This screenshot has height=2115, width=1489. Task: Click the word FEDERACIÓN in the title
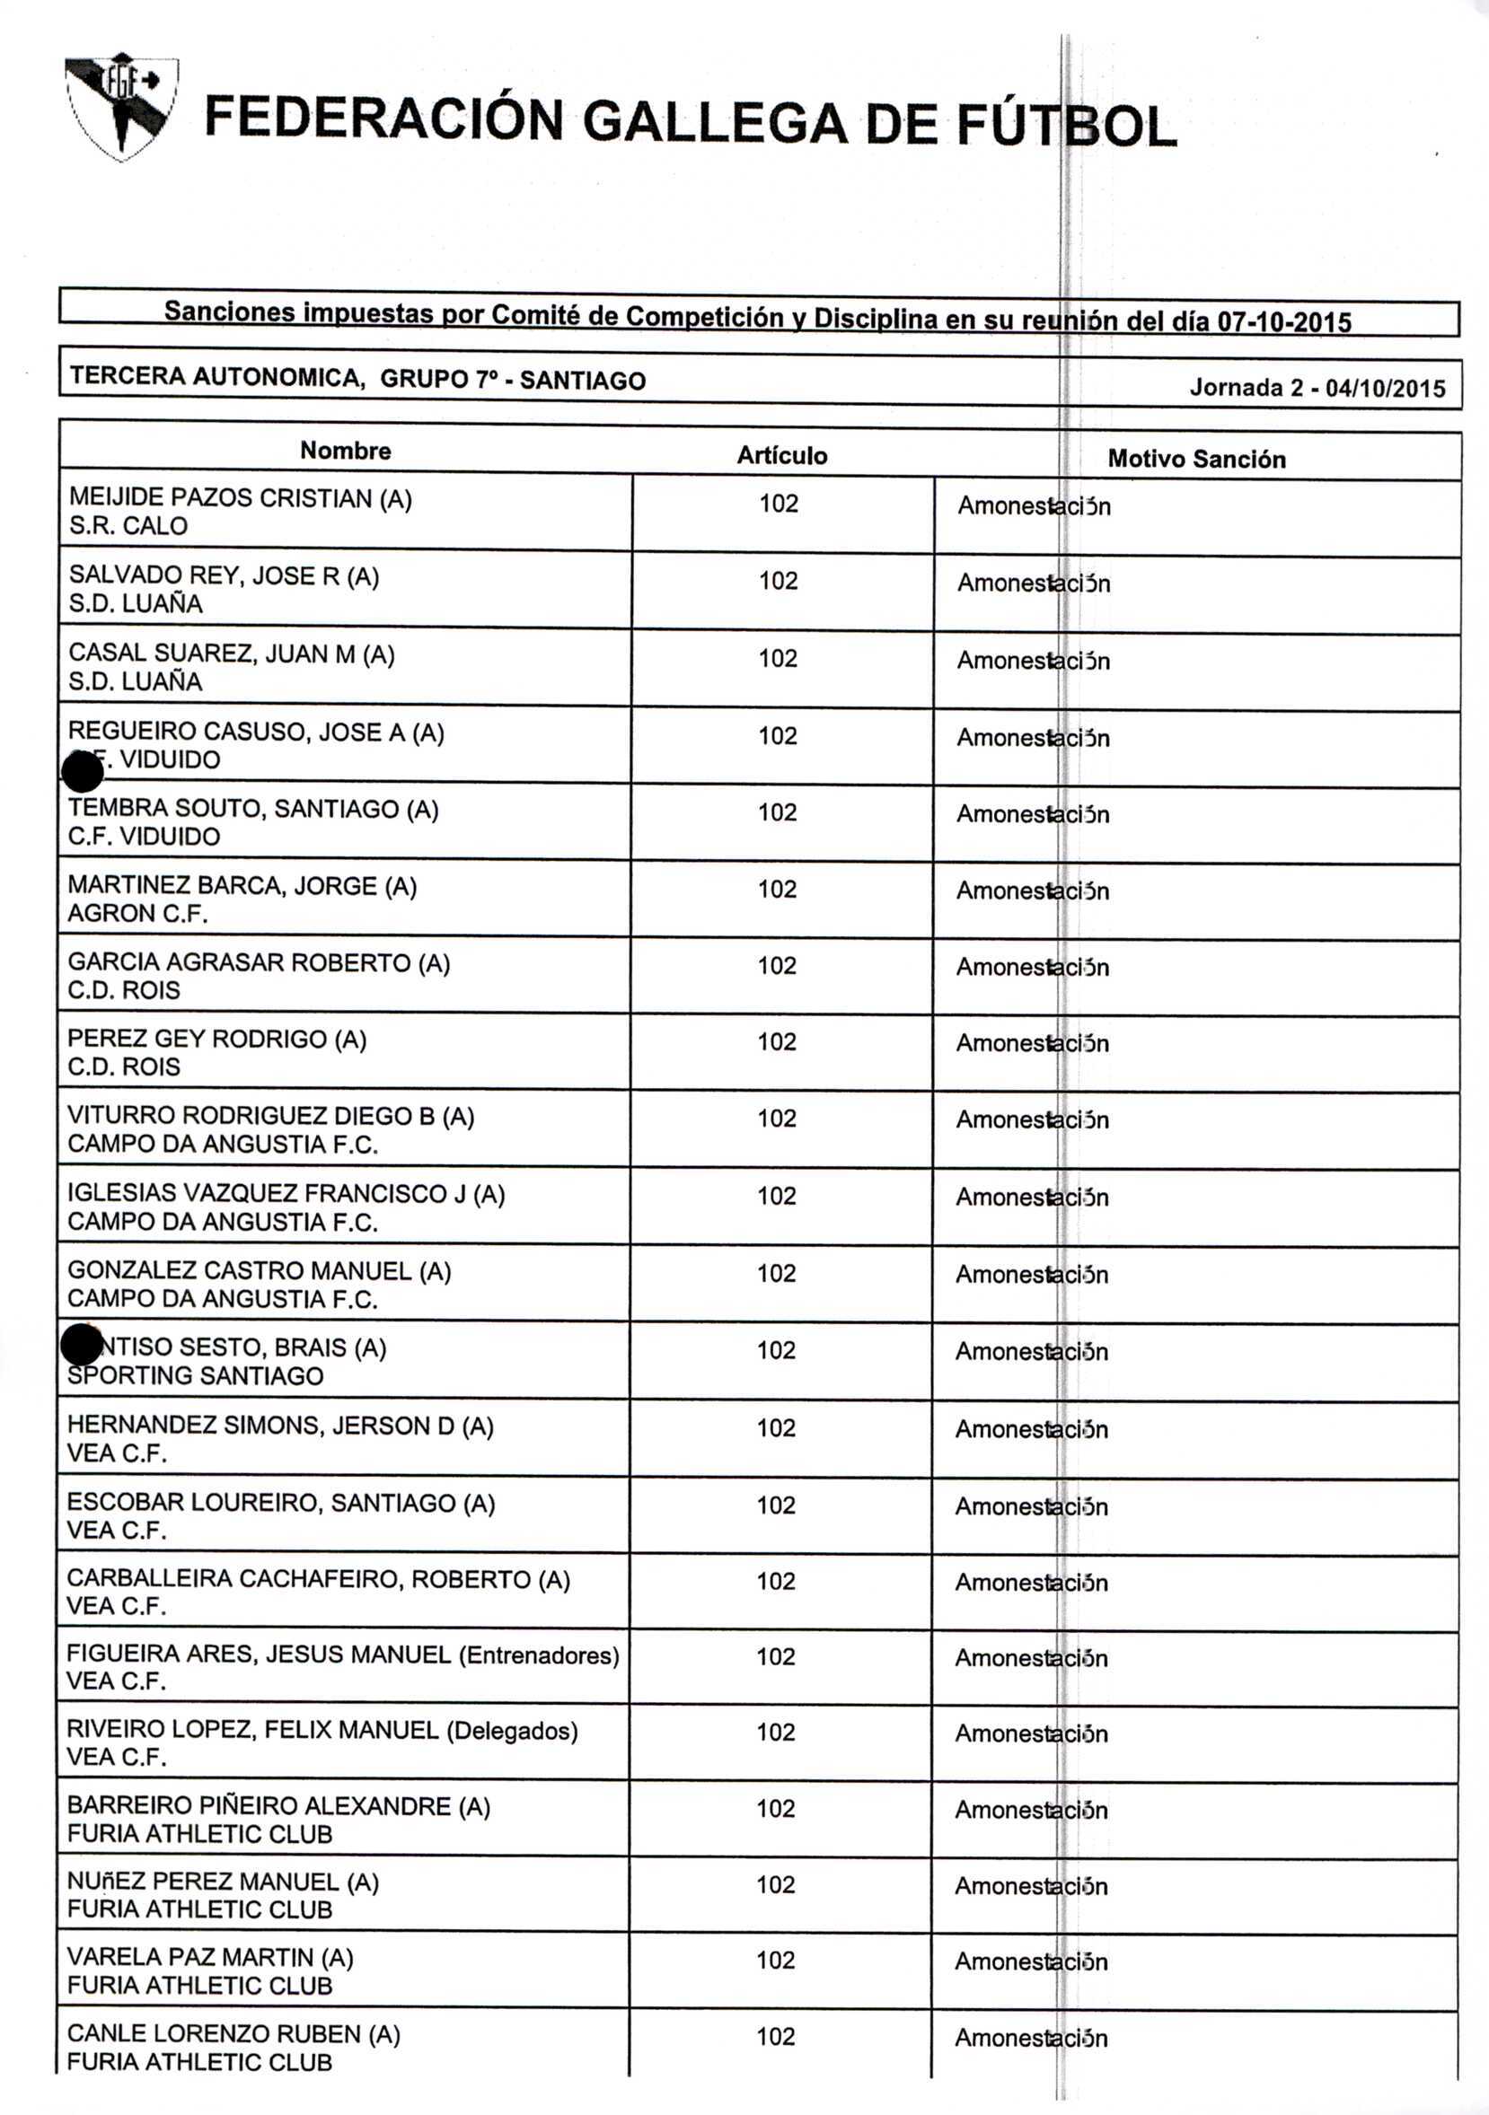pyautogui.click(x=383, y=120)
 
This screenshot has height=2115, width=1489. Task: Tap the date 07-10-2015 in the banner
pyautogui.click(x=1284, y=321)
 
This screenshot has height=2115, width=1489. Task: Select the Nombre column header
pyautogui.click(x=346, y=451)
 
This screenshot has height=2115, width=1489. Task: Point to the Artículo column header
pyautogui.click(x=781, y=455)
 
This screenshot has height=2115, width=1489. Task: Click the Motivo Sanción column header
pyautogui.click(x=1196, y=459)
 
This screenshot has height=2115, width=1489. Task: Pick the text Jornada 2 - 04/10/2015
pyautogui.click(x=1317, y=388)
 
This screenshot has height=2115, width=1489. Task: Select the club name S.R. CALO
pyautogui.click(x=128, y=526)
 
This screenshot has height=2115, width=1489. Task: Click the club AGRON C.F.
pyautogui.click(x=137, y=913)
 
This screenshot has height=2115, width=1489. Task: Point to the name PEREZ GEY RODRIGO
pyautogui.click(x=198, y=1039)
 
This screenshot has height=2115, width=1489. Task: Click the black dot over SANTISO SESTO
pyautogui.click(x=81, y=1346)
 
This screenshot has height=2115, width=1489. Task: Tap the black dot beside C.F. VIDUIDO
pyautogui.click(x=82, y=771)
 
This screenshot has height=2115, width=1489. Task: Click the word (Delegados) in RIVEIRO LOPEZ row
pyautogui.click(x=511, y=1731)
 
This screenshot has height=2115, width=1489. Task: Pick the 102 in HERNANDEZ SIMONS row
pyautogui.click(x=776, y=1428)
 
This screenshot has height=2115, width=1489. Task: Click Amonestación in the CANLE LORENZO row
pyautogui.click(x=1031, y=2038)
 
